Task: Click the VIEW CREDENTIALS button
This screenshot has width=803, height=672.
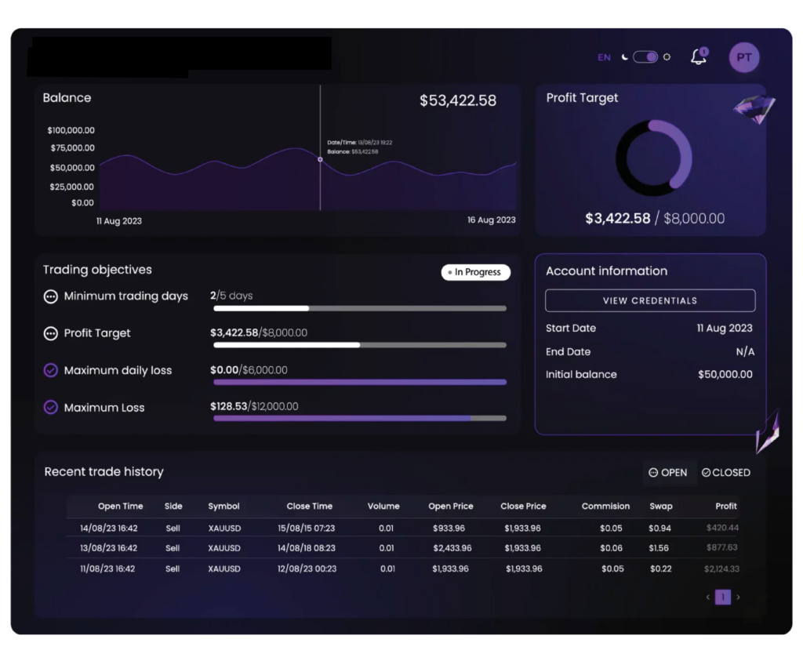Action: pos(650,300)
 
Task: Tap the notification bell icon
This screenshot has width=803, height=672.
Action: pos(698,56)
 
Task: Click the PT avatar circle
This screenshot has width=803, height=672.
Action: pos(743,57)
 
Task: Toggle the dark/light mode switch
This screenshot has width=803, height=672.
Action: pos(645,57)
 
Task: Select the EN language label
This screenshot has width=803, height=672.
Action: pos(604,57)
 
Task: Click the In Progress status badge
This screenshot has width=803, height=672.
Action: pos(476,272)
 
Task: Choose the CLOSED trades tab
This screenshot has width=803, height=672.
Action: pos(726,473)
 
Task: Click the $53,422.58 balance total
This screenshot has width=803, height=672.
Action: pos(458,100)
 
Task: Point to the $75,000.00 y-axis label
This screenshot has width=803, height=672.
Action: pos(71,148)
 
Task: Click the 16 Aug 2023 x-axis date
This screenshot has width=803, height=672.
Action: pos(492,220)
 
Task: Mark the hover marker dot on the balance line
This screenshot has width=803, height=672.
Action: pos(320,159)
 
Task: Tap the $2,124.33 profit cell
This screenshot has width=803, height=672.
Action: pos(721,568)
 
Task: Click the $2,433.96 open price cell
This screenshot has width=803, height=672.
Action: pos(451,548)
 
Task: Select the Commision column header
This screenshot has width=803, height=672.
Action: pos(605,507)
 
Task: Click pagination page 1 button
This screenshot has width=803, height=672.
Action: pos(723,598)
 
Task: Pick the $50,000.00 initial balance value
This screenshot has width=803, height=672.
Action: pos(725,375)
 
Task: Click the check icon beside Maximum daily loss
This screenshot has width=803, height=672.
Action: pos(51,370)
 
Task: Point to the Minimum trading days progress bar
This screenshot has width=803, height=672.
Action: pos(360,308)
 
